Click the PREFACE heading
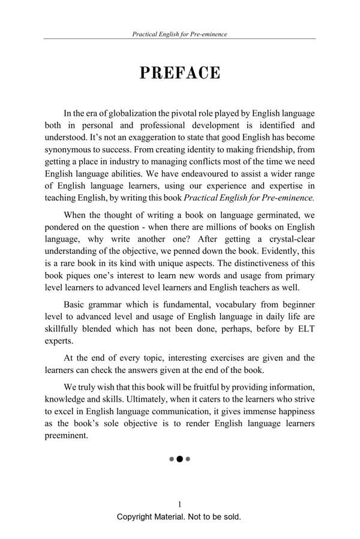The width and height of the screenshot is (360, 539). (x=180, y=73)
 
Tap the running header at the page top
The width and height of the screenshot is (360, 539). (x=179, y=34)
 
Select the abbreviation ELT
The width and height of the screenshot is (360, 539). (x=302, y=329)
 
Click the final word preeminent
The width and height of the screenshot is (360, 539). (x=67, y=435)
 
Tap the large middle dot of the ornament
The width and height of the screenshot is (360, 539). (x=179, y=459)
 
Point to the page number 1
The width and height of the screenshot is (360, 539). (x=179, y=504)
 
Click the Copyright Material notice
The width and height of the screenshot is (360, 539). (x=179, y=517)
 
